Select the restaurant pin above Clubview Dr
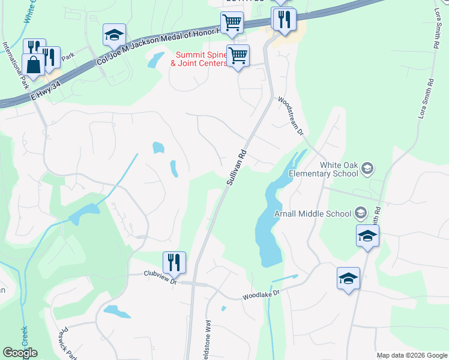174,262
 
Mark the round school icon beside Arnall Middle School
360,212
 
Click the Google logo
20,353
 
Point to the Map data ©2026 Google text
411,355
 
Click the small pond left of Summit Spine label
156,59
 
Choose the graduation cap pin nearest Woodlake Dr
348,279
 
